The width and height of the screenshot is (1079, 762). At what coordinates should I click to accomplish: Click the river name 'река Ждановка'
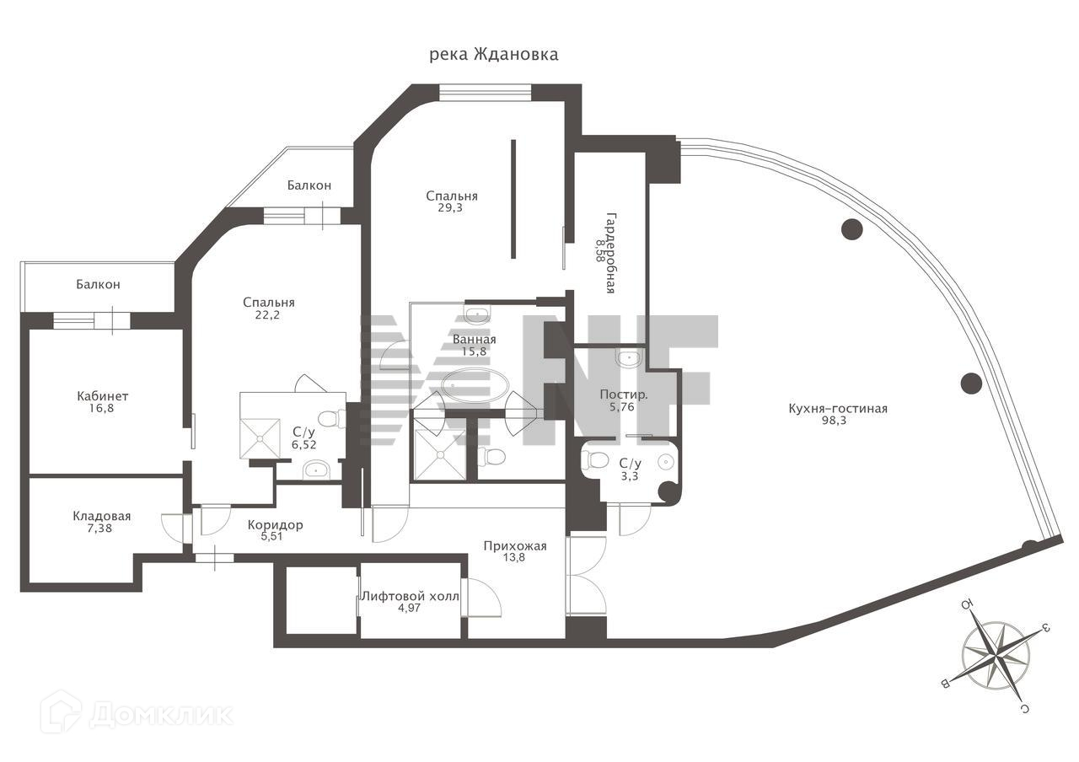(494, 55)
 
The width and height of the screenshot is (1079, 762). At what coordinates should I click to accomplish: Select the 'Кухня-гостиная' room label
(837, 409)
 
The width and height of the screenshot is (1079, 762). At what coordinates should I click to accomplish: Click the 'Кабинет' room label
(102, 396)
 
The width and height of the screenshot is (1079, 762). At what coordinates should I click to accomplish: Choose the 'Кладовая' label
(102, 516)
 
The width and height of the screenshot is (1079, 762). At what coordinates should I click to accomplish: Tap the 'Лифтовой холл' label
(411, 596)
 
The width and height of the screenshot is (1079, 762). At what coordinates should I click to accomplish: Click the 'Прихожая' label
(515, 546)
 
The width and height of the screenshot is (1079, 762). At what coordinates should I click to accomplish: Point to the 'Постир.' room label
(624, 394)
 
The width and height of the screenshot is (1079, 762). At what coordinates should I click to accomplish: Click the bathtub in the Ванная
(475, 385)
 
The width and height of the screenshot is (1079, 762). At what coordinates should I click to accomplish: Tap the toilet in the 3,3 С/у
(597, 460)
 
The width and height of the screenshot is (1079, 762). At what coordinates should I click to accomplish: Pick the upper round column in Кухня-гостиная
(851, 228)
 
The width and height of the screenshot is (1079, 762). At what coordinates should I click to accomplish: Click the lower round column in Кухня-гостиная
(971, 383)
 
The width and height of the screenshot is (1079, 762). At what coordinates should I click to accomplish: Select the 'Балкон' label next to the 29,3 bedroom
(309, 185)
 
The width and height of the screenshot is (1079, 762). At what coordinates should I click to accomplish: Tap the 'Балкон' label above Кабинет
(98, 285)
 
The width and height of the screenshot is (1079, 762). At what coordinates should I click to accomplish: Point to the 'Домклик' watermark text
(160, 715)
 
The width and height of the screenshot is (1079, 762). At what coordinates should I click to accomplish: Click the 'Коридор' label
(275, 525)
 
